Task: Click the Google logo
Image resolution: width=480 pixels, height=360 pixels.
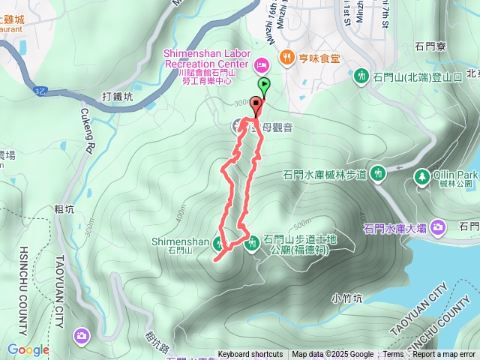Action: (x=28, y=349)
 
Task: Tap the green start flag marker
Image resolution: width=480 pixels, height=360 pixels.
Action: (x=262, y=85)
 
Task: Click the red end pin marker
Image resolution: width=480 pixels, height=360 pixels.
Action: (x=256, y=106)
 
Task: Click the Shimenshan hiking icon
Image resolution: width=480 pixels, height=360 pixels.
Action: (x=220, y=241)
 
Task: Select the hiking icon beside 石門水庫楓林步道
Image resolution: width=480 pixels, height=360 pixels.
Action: (x=379, y=174)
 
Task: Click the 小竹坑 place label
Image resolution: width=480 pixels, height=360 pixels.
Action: (x=346, y=298)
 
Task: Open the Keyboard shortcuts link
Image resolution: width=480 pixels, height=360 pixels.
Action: (x=250, y=355)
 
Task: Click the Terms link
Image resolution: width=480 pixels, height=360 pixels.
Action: (x=393, y=355)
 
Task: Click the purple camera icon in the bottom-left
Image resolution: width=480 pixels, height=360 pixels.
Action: (x=81, y=334)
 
